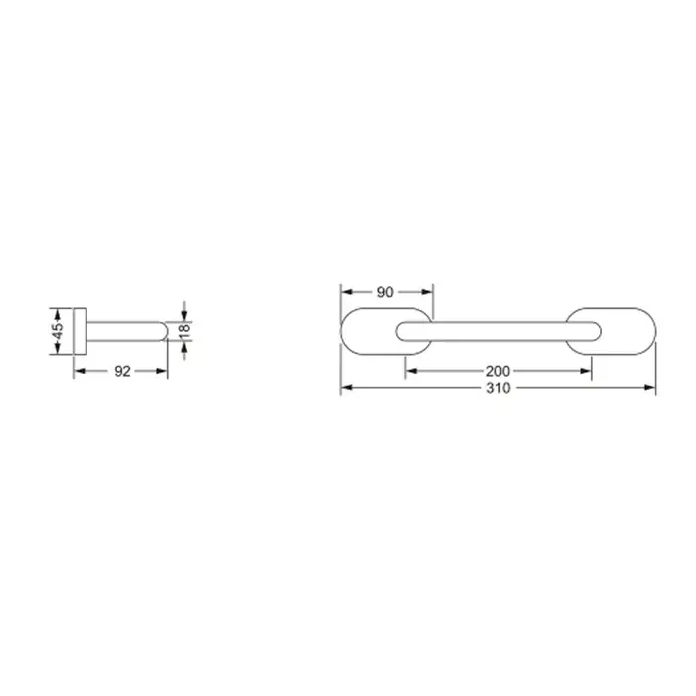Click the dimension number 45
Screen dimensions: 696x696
tap(58, 331)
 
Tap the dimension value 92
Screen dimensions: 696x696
tap(122, 371)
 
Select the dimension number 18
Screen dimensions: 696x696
tap(184, 331)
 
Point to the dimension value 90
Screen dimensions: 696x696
tap(385, 292)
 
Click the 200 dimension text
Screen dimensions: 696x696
tap(498, 371)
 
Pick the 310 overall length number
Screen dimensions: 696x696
tap(498, 388)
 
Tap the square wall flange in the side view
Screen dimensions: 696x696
tap(80, 331)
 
